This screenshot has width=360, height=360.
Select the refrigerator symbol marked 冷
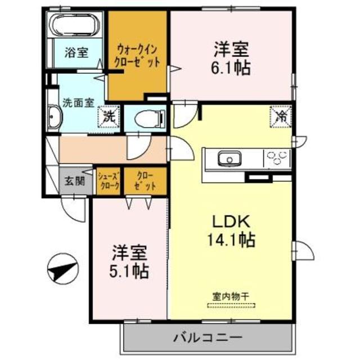281,117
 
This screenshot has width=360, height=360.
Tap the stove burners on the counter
276,157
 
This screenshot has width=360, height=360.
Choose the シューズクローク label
109,181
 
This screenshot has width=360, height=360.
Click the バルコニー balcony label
207,338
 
